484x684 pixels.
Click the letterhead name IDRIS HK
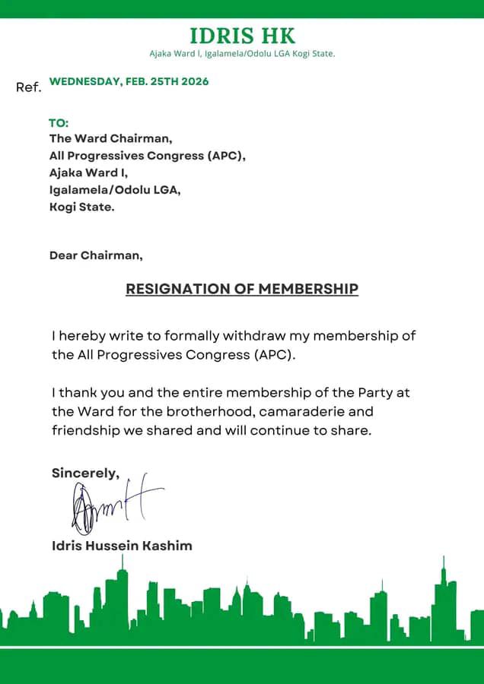pyautogui.click(x=242, y=36)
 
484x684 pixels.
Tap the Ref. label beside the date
pyautogui.click(x=28, y=87)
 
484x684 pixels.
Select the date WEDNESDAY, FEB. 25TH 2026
pyautogui.click(x=129, y=81)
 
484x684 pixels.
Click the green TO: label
pyautogui.click(x=59, y=123)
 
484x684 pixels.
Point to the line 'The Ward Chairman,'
pyautogui.click(x=111, y=139)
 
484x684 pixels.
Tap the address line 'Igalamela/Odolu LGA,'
pyautogui.click(x=115, y=189)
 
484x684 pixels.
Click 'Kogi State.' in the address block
pyautogui.click(x=82, y=206)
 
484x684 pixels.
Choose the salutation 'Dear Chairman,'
pyautogui.click(x=96, y=255)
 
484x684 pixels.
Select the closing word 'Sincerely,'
pyautogui.click(x=85, y=473)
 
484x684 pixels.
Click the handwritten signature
pyautogui.click(x=114, y=505)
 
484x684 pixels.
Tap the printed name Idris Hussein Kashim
pyautogui.click(x=122, y=546)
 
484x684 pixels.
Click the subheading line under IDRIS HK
pyautogui.click(x=242, y=53)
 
